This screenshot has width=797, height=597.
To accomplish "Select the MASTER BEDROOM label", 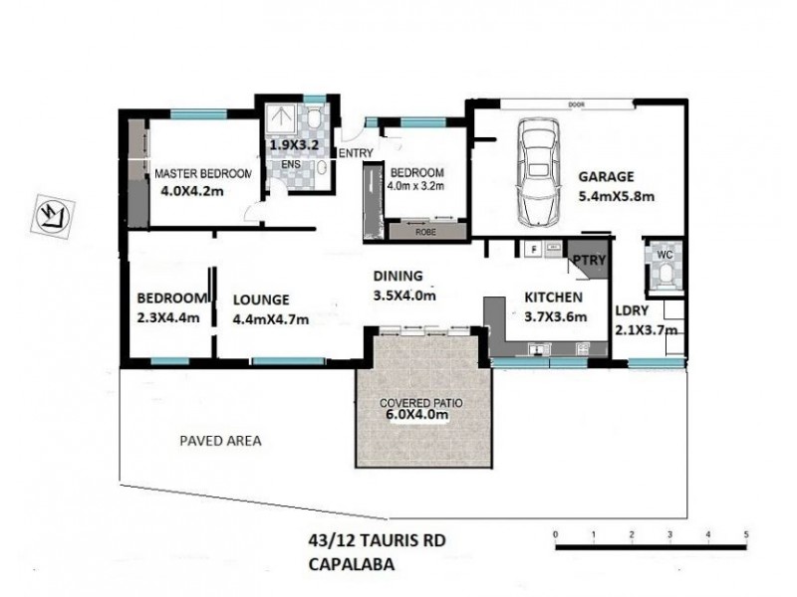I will tap(203, 174).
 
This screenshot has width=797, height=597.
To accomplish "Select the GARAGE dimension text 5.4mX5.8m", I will tap(617, 196).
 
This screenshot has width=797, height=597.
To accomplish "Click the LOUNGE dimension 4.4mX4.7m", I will tap(270, 319).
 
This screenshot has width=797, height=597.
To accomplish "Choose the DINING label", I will tap(398, 276).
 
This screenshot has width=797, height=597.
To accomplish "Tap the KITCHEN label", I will tap(547, 297).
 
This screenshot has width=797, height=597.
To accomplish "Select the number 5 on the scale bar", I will tap(745, 534).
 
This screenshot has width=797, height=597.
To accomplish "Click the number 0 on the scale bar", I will tap(555, 534).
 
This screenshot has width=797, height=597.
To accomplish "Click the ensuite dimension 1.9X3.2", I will tap(296, 143).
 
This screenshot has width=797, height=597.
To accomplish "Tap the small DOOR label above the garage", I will tap(575, 101).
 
